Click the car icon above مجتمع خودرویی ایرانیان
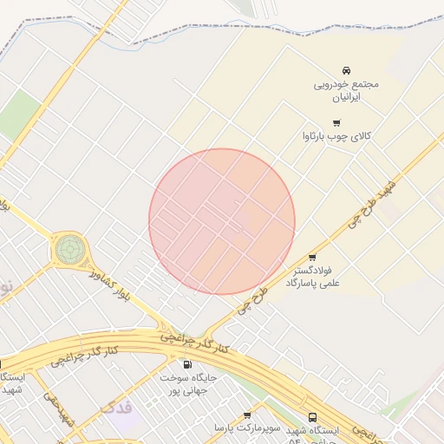(346, 69)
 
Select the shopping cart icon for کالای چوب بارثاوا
(336, 122)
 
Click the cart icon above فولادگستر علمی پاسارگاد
(312, 258)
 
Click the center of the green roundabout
(69, 250)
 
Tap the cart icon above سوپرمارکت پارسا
(248, 415)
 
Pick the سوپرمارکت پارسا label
(247, 429)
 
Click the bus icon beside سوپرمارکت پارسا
(312, 417)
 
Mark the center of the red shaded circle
(222, 221)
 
